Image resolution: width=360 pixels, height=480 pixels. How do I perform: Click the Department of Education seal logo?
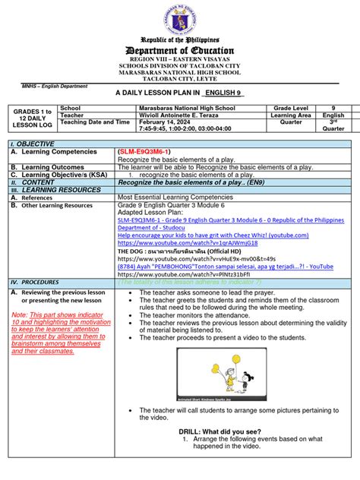[179, 18]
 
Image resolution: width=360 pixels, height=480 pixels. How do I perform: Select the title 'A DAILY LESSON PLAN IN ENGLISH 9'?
[179, 92]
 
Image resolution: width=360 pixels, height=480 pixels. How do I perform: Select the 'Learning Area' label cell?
[292, 115]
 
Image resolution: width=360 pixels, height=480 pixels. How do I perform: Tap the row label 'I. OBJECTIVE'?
[32, 144]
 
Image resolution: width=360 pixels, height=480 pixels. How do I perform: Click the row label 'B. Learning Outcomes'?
[47, 167]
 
